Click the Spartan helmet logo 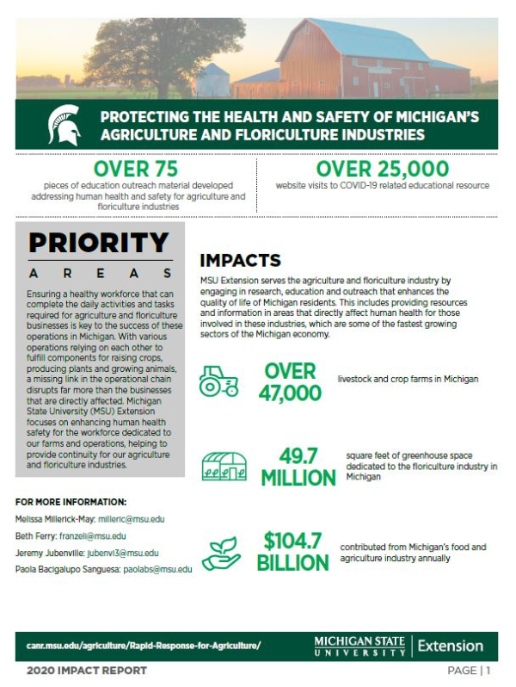click(65, 124)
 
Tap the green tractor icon click(219, 381)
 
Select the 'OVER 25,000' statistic click(382, 168)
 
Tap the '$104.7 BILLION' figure click(292, 552)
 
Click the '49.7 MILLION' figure click(294, 466)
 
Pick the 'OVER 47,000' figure click(292, 381)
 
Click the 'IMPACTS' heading click(240, 260)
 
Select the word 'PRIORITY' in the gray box click(99, 243)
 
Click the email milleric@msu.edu click(131, 519)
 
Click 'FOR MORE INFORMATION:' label click(71, 502)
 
